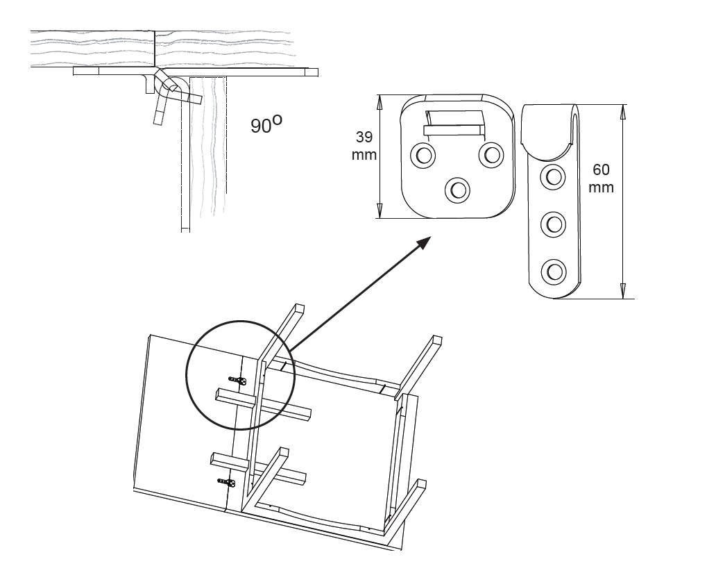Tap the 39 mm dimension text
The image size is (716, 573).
364,147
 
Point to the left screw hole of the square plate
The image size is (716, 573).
422,155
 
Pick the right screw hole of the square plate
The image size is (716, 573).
491,154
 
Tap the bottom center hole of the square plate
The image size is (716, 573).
457,188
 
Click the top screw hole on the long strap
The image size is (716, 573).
553,176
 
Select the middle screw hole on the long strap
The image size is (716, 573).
553,224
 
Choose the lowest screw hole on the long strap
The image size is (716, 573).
553,269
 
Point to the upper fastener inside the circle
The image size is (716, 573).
238,380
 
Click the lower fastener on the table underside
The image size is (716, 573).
226,482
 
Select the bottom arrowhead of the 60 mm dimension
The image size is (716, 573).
622,292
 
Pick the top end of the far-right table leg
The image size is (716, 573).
436,340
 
